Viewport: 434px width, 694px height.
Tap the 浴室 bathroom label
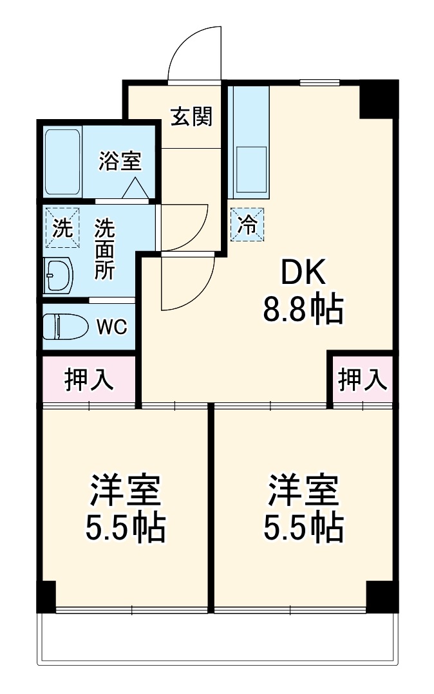pos(120,160)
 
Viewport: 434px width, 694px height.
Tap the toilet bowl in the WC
pos(64,326)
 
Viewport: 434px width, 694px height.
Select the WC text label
pos(111,327)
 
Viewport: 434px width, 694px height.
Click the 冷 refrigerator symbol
pos(247,224)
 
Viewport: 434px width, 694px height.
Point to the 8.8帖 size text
pos(302,311)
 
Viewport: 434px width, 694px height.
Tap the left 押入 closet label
pos(90,380)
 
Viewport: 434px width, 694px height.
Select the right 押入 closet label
pos(363,380)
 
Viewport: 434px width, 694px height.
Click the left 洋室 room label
pos(125,491)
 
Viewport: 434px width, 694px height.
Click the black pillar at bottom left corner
pos(46,596)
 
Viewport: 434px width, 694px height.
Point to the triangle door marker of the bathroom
pos(135,187)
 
